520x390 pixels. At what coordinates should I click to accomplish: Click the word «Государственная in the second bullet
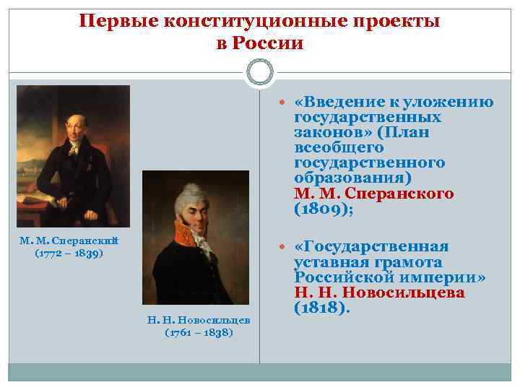[371, 247]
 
